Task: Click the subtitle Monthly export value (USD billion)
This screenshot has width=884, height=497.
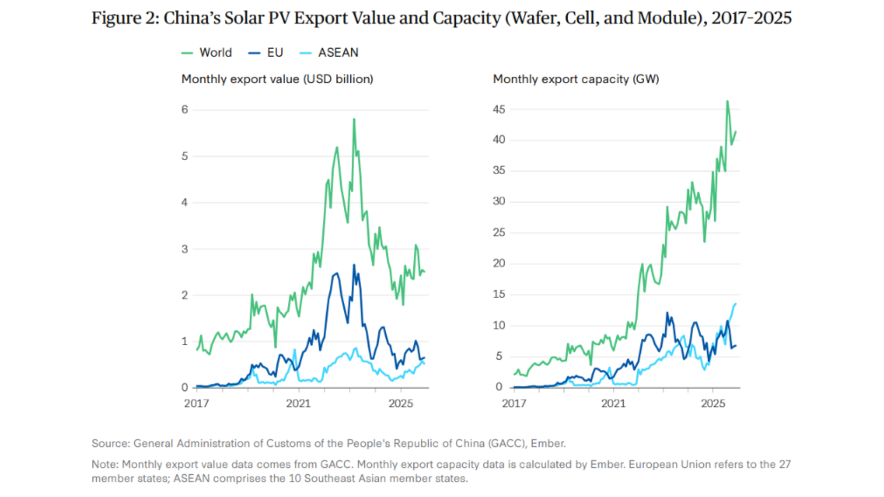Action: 277,79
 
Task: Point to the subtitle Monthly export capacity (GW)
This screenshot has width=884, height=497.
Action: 576,79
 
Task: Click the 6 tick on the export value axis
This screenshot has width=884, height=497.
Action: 185,109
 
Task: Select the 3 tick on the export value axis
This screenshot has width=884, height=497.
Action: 185,248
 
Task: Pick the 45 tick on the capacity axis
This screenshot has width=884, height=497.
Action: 499,109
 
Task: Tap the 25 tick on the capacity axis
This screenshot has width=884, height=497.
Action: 499,232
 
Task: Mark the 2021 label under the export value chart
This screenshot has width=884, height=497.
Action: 298,404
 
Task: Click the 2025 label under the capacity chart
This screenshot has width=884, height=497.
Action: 713,404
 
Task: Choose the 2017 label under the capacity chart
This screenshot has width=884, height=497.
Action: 514,404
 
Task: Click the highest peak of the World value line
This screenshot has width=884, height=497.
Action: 354,119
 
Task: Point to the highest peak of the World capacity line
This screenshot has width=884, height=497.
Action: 727,101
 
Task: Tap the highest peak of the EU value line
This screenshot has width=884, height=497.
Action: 354,265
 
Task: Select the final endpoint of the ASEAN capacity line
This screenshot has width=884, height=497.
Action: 735,304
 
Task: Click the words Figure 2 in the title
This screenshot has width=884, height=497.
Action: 125,18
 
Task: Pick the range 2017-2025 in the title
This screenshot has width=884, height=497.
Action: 751,18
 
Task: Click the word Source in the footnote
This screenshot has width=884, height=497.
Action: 110,443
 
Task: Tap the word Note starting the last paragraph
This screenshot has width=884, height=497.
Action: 104,464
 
